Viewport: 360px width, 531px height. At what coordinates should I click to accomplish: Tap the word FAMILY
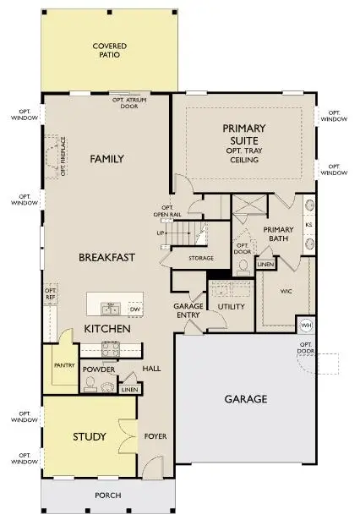(106, 158)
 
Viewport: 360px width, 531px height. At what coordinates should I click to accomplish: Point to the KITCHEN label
(106, 328)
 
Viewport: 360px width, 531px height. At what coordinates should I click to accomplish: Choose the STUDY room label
(89, 436)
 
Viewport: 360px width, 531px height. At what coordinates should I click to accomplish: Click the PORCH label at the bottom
(107, 495)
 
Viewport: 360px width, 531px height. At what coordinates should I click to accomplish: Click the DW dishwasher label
(134, 309)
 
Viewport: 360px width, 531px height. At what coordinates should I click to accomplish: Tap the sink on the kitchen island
(109, 308)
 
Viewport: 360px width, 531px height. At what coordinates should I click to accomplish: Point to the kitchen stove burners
(112, 347)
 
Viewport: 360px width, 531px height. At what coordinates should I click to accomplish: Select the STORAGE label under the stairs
(201, 257)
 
